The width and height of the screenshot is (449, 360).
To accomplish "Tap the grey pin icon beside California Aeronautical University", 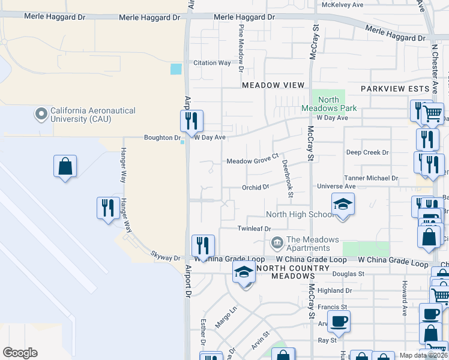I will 41,113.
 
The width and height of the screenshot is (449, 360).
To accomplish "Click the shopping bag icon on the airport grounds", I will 65,166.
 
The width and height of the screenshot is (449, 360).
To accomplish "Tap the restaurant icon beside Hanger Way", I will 108,208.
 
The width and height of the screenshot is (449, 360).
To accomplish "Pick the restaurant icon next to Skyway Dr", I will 203,246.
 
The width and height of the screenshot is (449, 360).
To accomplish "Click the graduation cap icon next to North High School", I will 343,204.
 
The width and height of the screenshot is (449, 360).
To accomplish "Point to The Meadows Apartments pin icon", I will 277,243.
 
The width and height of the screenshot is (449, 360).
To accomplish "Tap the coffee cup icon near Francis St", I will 339,320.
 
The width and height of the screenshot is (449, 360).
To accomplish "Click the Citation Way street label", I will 212,63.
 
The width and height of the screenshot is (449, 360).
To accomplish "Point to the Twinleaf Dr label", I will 255,229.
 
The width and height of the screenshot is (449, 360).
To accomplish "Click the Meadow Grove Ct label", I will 253,161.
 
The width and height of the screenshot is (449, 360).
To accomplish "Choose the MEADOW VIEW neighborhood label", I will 273,85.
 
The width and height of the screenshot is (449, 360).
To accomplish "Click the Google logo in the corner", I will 20,352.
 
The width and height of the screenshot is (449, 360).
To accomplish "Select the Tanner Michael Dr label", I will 371,178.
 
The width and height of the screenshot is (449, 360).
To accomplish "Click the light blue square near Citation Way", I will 176,69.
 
